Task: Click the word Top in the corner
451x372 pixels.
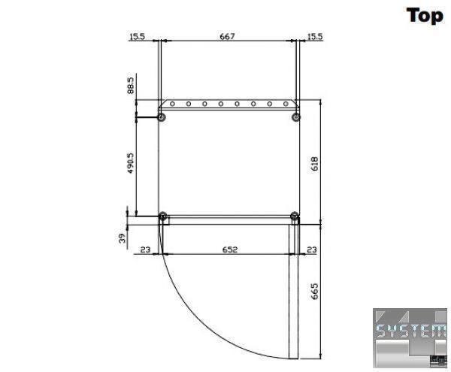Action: pos(425,16)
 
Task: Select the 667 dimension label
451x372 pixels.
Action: pos(227,37)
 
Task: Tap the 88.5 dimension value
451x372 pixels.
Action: pos(130,86)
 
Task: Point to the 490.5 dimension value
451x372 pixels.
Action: pos(130,163)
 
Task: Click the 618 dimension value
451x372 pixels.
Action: pos(315,164)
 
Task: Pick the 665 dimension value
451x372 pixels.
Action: pos(315,292)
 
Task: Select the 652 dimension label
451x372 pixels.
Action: pos(230,250)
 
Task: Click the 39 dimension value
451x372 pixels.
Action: pos(123,238)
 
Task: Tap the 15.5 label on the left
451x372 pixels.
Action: pos(138,37)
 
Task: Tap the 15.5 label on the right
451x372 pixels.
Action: pos(315,37)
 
